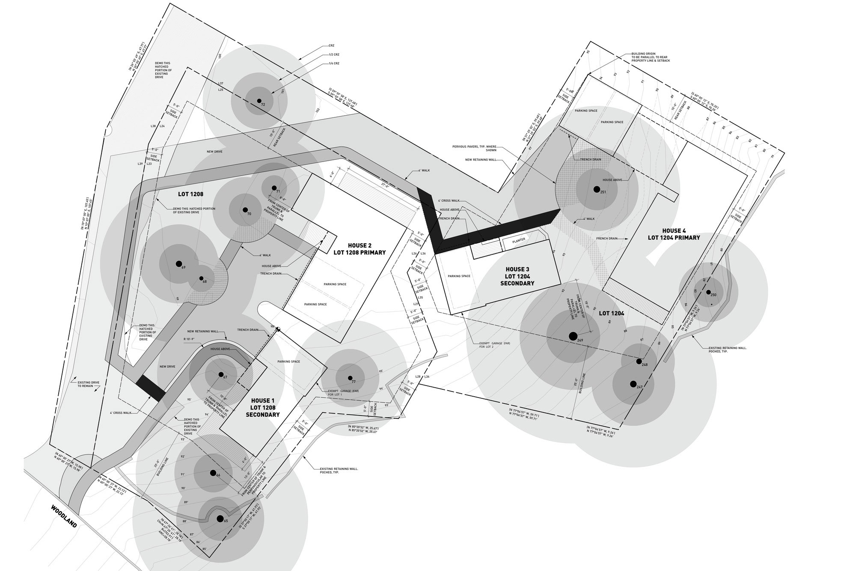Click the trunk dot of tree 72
(259, 101)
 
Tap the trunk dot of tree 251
(596, 189)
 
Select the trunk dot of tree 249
(573, 336)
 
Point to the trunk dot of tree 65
(220, 519)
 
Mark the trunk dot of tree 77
(350, 378)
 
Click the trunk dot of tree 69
(178, 263)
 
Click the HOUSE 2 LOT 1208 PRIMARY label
(360, 249)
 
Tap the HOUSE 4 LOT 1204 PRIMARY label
(674, 234)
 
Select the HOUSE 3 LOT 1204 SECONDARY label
(517, 276)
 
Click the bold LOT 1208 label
(190, 194)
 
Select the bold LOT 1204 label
(611, 314)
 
